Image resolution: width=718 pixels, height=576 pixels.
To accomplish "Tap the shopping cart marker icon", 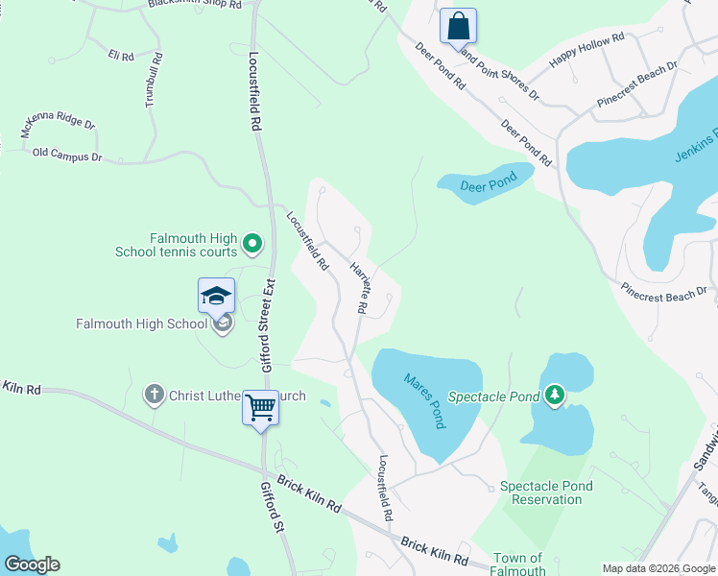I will [x=260, y=408].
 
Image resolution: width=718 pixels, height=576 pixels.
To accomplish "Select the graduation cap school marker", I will [x=216, y=295].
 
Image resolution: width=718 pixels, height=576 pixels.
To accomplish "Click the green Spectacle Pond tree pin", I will [x=554, y=395].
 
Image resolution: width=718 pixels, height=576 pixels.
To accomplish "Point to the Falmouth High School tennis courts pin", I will [x=252, y=245].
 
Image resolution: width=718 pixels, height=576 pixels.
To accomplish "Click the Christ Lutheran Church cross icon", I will [x=154, y=394].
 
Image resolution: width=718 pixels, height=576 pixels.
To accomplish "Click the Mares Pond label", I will [x=424, y=398].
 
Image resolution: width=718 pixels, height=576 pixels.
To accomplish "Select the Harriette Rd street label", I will [x=358, y=287].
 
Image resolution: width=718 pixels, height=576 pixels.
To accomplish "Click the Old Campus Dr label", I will [x=66, y=154].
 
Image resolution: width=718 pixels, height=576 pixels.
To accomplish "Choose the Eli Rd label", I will [x=121, y=57].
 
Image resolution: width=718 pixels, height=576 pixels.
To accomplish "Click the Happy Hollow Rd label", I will [x=586, y=50].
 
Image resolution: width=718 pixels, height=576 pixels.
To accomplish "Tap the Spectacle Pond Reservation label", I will [x=546, y=492].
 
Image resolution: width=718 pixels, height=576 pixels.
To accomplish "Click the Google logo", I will [x=32, y=564].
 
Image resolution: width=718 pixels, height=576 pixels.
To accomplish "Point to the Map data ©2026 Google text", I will [x=658, y=568].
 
